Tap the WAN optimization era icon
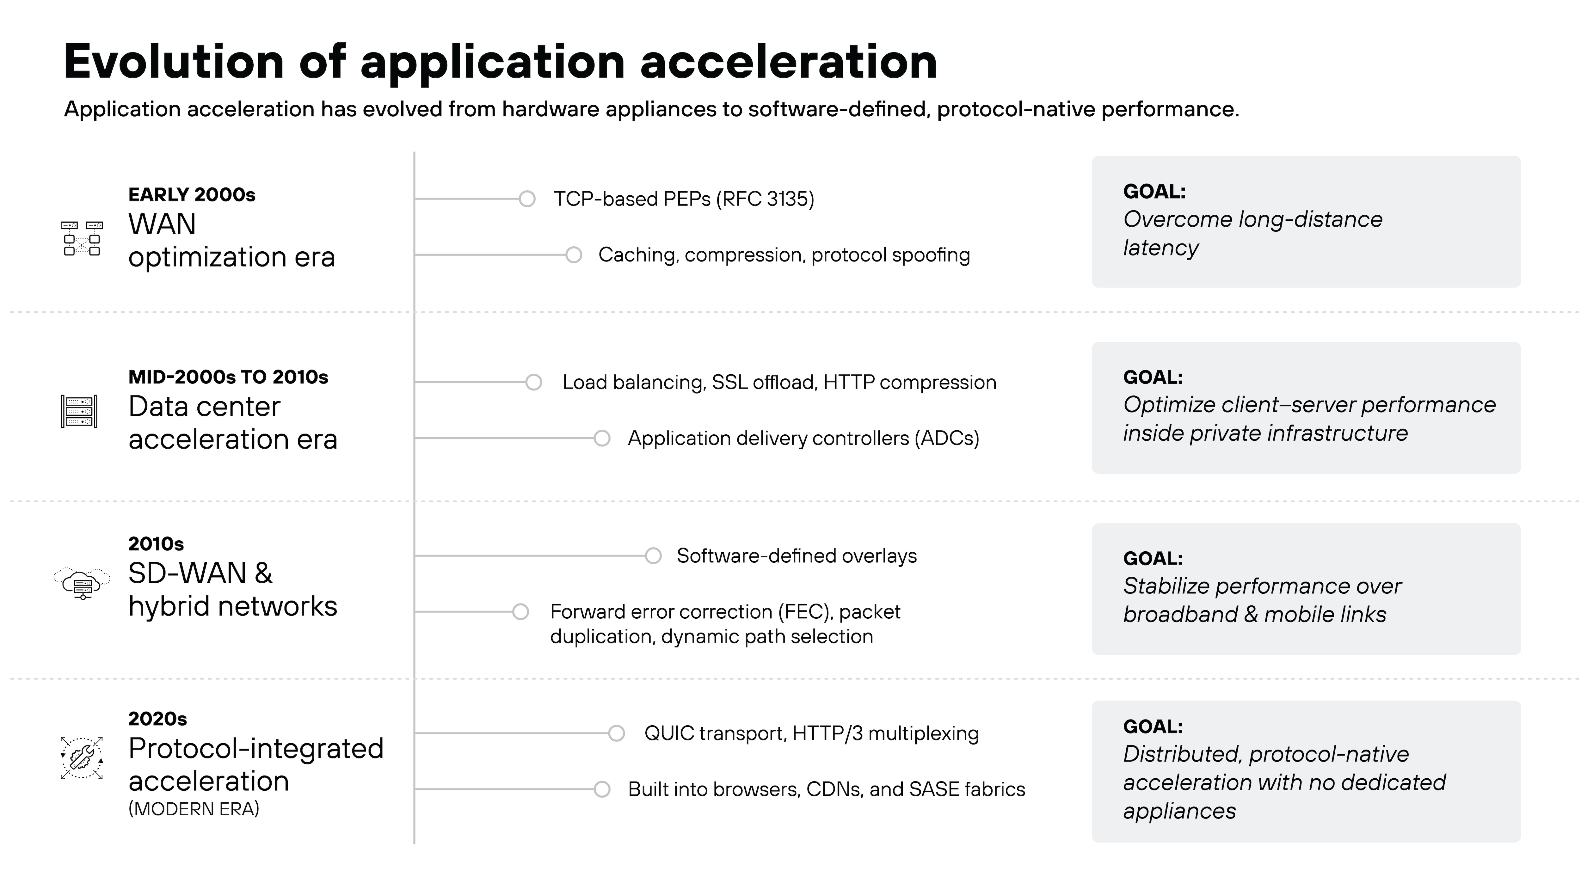82,238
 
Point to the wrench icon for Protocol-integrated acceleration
82,758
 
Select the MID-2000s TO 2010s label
228,377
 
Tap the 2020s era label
157,718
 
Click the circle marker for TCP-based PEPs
526,199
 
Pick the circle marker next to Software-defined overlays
653,556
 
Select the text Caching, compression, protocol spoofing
784,254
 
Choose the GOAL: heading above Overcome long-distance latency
1154,191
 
